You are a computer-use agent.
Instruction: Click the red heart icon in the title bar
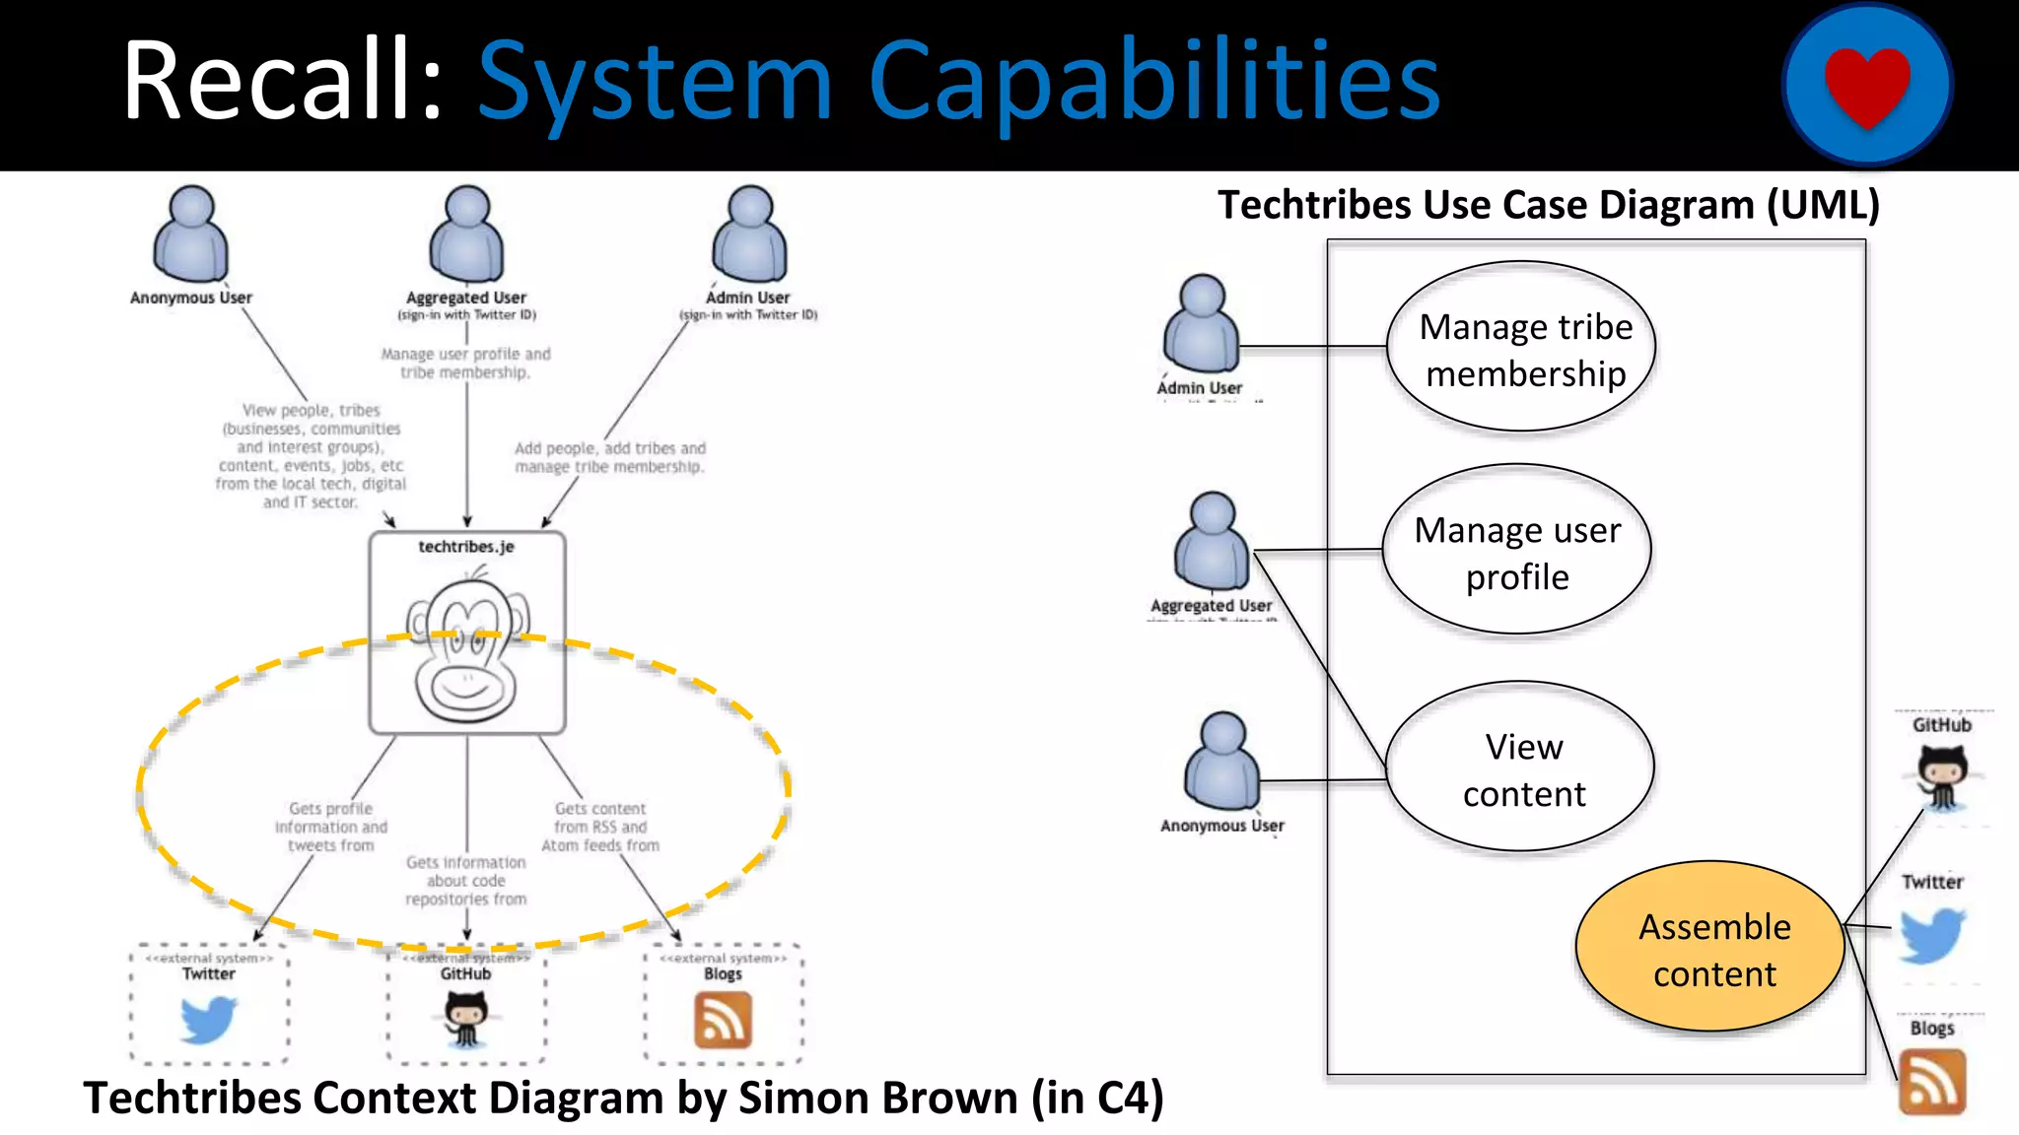[x=1867, y=87]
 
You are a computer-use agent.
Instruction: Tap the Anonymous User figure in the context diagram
[x=191, y=234]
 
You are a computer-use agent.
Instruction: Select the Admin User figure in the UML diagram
[x=1201, y=325]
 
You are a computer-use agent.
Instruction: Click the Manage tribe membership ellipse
[x=1522, y=348]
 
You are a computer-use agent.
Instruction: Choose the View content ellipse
[x=1521, y=768]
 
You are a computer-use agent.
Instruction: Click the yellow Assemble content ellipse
[x=1711, y=949]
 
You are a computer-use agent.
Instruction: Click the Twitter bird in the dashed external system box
[x=209, y=1020]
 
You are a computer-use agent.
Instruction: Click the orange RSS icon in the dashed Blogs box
[x=723, y=1020]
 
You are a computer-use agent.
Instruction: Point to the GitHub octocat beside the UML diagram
[x=1942, y=776]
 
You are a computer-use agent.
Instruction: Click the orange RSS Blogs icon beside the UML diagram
[x=1932, y=1082]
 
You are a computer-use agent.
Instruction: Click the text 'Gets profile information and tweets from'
[x=331, y=827]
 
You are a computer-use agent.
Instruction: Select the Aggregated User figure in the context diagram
[x=467, y=234]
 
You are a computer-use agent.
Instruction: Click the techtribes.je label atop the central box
[x=466, y=547]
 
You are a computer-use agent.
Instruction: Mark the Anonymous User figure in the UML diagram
[x=1222, y=762]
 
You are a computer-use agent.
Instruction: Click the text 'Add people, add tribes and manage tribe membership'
[x=610, y=457]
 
